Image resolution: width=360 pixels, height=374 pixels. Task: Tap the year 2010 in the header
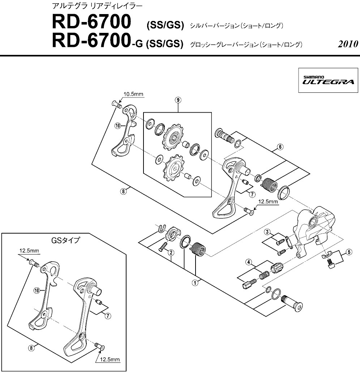[348, 44]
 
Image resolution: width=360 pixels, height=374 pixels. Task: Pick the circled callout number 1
[195, 283]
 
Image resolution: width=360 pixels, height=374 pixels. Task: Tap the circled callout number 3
[267, 231]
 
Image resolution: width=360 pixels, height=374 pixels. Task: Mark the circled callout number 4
[248, 262]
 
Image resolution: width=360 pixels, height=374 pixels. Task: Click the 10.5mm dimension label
[133, 94]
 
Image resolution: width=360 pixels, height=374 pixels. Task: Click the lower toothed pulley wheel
[173, 167]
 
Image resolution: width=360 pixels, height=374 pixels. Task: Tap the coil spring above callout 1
[197, 249]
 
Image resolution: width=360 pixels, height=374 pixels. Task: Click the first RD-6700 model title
[91, 22]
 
